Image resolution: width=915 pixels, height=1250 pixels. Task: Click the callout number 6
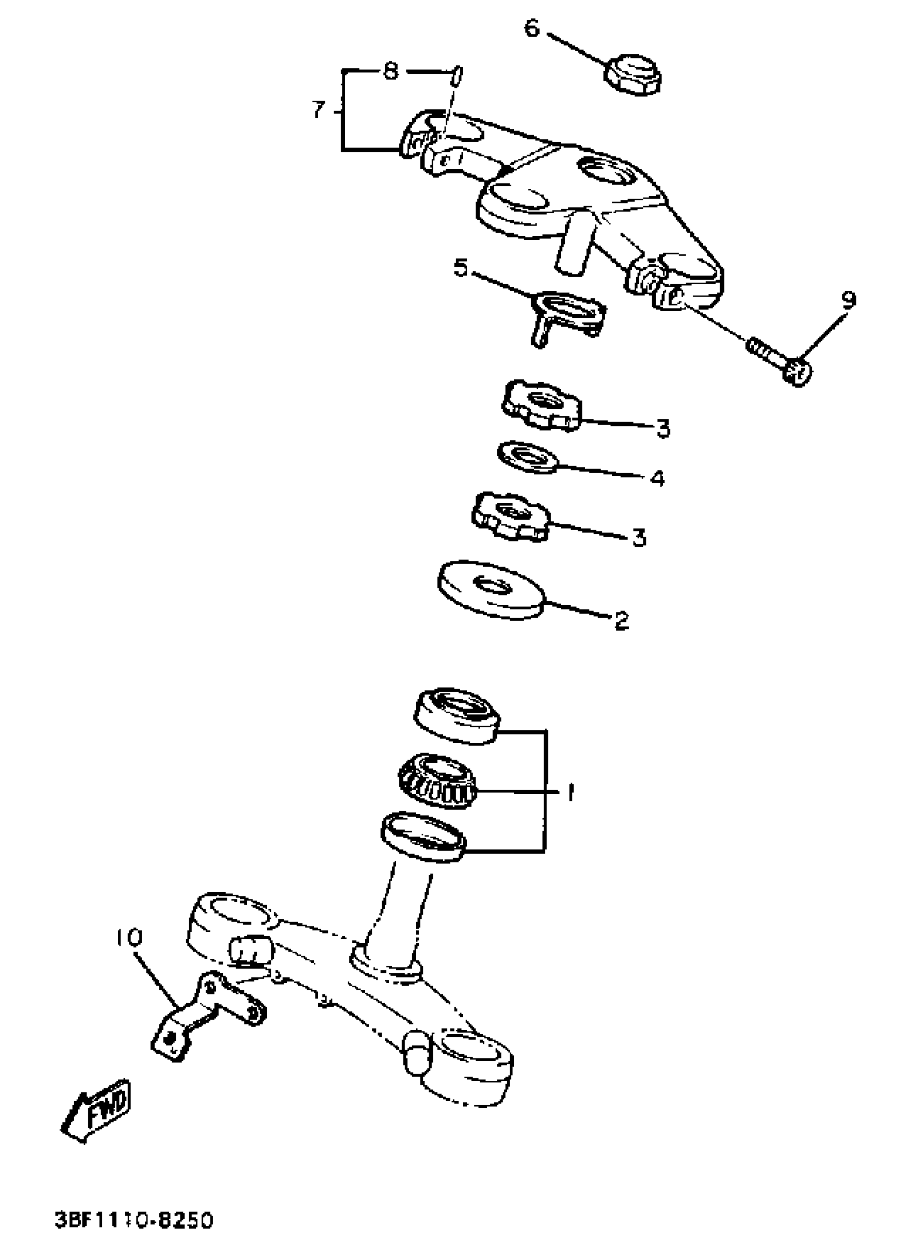pos(531,27)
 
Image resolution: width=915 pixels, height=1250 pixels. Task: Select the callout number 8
pos(391,72)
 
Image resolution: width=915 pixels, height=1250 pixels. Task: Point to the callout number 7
pos(318,110)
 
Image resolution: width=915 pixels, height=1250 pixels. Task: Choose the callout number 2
pos(622,620)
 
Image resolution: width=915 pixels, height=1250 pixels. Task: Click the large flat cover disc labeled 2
pos(491,589)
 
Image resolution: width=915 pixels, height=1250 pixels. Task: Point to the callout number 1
pos(571,792)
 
